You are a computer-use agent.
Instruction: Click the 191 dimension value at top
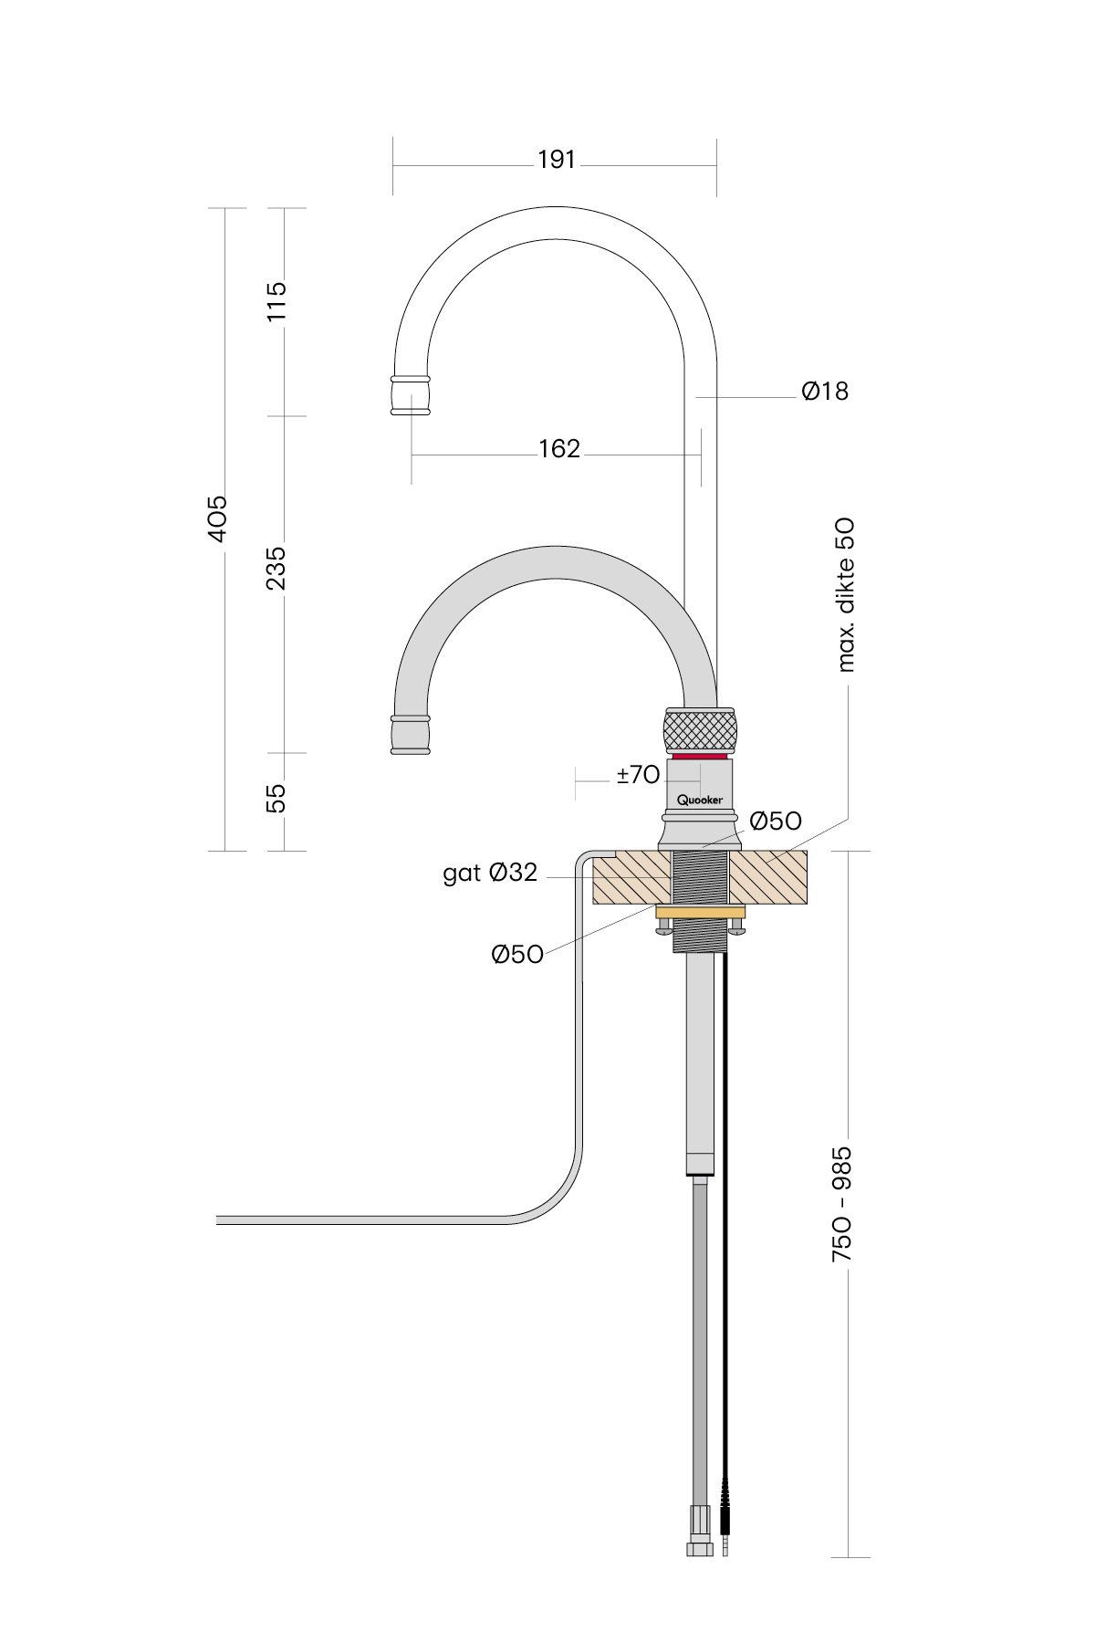[557, 160]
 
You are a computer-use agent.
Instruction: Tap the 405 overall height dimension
[217, 518]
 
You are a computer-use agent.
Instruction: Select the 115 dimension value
[276, 300]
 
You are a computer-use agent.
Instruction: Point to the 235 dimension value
[276, 568]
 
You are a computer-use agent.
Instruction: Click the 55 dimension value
[276, 798]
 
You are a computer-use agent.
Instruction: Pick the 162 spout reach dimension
[559, 449]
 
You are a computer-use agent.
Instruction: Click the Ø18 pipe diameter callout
[825, 392]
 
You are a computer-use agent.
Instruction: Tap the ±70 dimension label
[638, 775]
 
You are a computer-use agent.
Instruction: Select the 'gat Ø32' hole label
[490, 874]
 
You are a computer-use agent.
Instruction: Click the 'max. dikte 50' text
[846, 595]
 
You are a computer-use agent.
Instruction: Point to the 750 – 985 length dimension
[841, 1204]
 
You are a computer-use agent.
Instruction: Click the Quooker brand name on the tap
[700, 801]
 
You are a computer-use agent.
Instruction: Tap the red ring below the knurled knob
[700, 757]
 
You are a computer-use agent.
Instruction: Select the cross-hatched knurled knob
[700, 729]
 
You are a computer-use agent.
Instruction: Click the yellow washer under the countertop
[700, 913]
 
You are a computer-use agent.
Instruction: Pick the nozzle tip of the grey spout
[411, 735]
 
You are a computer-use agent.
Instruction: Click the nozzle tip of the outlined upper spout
[411, 394]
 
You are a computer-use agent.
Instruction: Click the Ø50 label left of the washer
[517, 955]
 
